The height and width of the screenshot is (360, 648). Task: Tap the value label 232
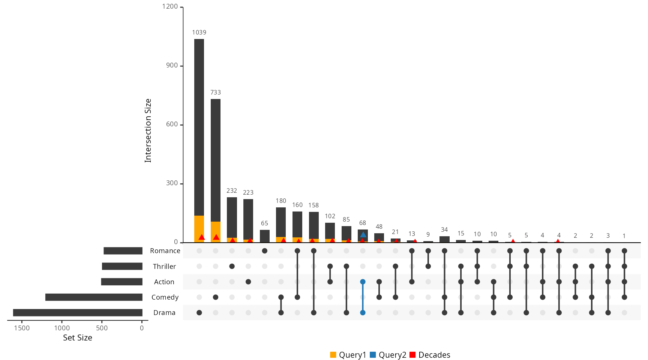pyautogui.click(x=232, y=191)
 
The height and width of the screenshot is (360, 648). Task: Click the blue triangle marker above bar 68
pyautogui.click(x=363, y=235)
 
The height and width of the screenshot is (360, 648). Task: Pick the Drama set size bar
pyautogui.click(x=78, y=313)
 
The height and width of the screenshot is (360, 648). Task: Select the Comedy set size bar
pyautogui.click(x=94, y=297)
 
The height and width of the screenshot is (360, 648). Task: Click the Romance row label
pyautogui.click(x=165, y=251)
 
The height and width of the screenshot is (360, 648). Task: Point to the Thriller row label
pyautogui.click(x=164, y=267)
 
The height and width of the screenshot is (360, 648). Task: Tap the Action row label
pyautogui.click(x=164, y=282)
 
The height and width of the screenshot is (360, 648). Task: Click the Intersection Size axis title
pyautogui.click(x=148, y=130)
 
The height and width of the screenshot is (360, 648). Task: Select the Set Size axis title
pyautogui.click(x=78, y=338)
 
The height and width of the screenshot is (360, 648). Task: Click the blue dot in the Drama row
pyautogui.click(x=363, y=313)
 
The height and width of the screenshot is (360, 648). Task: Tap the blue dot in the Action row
pyautogui.click(x=363, y=282)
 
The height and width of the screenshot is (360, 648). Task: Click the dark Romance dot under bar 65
pyautogui.click(x=265, y=251)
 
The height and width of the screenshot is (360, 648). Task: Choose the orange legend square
pyautogui.click(x=333, y=355)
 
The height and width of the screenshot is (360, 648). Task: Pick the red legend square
pyautogui.click(x=412, y=355)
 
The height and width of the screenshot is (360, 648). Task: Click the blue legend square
pyautogui.click(x=373, y=355)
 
